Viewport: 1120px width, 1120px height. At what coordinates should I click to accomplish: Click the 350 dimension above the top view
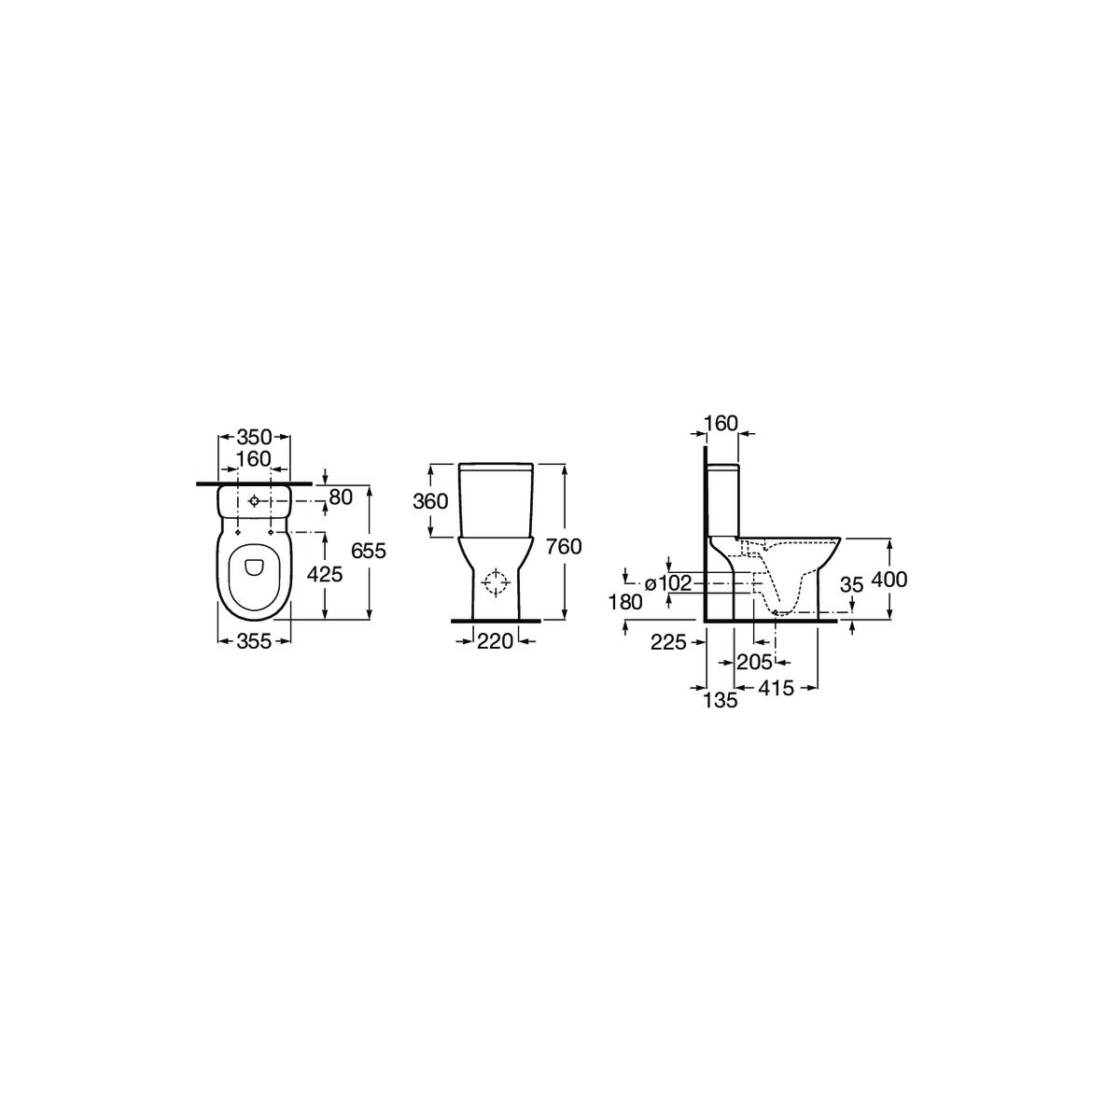click(x=254, y=437)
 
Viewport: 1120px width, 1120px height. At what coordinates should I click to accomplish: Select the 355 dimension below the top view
click(x=254, y=641)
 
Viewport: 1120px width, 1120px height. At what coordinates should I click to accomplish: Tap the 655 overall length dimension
click(x=369, y=551)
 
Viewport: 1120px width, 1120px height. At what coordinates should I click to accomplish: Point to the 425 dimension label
click(x=325, y=574)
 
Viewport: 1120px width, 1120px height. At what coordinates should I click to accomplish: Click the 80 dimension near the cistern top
click(x=342, y=497)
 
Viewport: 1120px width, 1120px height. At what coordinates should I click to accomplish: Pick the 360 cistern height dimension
click(x=430, y=501)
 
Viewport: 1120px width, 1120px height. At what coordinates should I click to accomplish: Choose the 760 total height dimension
click(x=564, y=546)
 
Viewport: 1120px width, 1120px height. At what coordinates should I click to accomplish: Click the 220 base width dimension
click(x=496, y=641)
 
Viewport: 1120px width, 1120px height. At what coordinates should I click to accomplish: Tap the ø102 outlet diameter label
click(x=668, y=582)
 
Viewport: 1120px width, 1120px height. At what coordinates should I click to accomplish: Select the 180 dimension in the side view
click(x=625, y=603)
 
